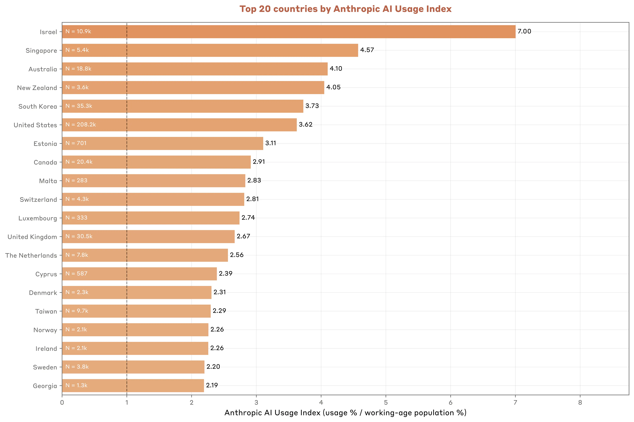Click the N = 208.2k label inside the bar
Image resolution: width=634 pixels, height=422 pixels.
(80, 125)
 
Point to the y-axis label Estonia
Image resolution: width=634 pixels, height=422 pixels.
(45, 144)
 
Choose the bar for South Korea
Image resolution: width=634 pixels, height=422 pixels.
(182, 106)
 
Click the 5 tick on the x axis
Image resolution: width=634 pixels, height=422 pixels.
(386, 403)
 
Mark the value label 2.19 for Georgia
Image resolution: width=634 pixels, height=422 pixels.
(212, 385)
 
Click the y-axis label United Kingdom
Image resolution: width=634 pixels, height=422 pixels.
(32, 237)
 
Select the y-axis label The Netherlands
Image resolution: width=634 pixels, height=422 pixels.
(31, 255)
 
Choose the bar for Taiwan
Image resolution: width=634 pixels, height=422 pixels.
(136, 311)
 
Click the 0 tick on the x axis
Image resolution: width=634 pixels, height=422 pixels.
(62, 403)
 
